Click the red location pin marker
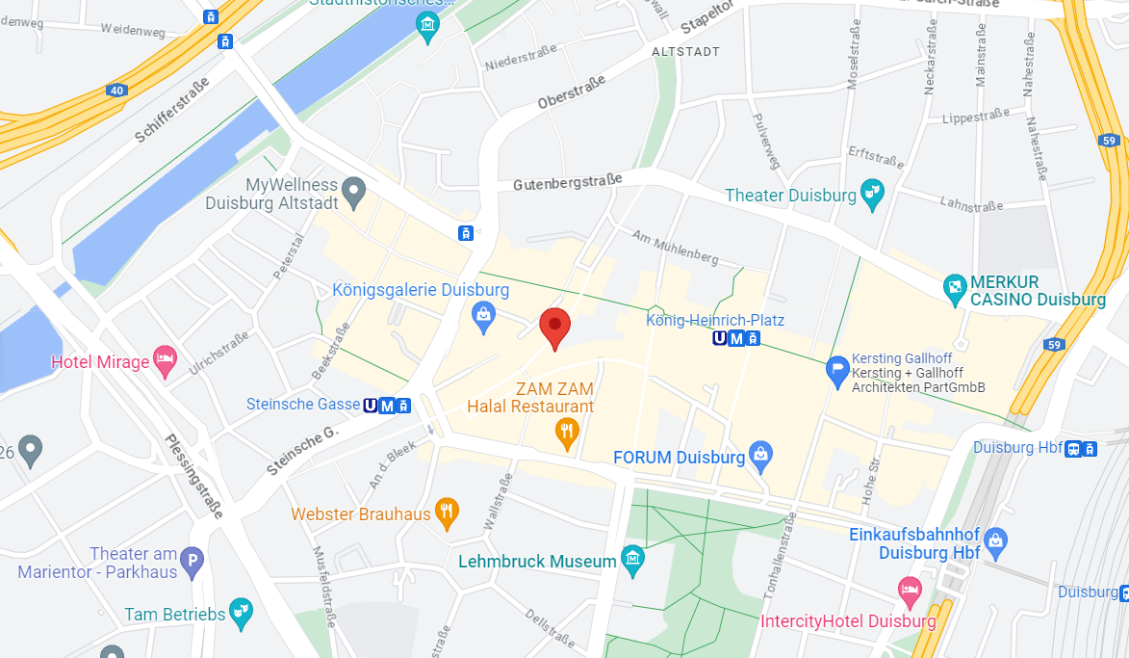[x=553, y=328]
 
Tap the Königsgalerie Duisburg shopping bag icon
[x=483, y=314]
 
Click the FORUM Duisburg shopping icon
[x=761, y=456]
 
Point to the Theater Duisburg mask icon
[x=872, y=195]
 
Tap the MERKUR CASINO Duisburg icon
[x=955, y=288]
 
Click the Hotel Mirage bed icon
[x=166, y=361]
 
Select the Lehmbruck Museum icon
[x=632, y=560]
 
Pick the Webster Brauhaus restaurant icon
[x=446, y=513]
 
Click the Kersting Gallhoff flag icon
[x=837, y=368]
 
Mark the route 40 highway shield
[x=116, y=91]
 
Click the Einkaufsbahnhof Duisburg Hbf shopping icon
[x=995, y=539]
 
